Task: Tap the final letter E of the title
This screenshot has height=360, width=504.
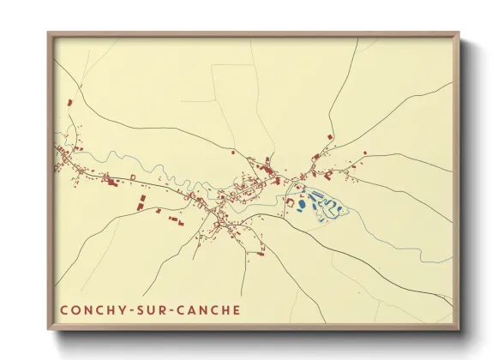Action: pos(237,309)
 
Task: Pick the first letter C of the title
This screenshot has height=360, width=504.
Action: pos(64,309)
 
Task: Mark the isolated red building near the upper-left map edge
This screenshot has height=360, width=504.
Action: pos(70,104)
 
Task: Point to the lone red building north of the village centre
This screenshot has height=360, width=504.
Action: pos(234,151)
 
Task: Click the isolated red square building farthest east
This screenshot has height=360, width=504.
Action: pos(364,153)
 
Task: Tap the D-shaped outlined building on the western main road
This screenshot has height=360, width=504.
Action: pos(133,177)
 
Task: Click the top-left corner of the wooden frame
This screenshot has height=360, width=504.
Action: pos(49,34)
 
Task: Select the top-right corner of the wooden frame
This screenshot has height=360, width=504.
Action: pos(458,34)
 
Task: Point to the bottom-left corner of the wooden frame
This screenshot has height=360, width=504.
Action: pos(49,329)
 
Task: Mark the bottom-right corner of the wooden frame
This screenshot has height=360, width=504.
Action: pos(458,329)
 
